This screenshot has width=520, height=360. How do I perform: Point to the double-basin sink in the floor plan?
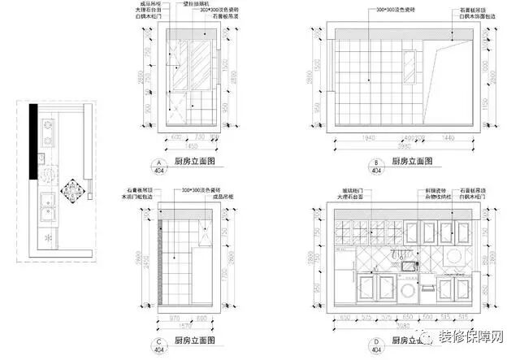46,207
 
